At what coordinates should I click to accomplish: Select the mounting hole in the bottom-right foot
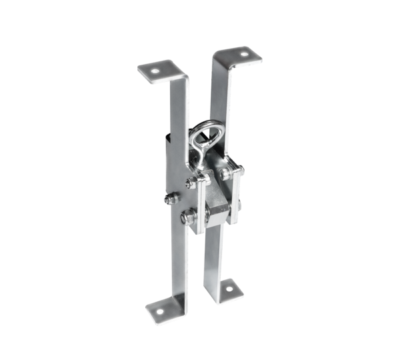[x=233, y=289]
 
